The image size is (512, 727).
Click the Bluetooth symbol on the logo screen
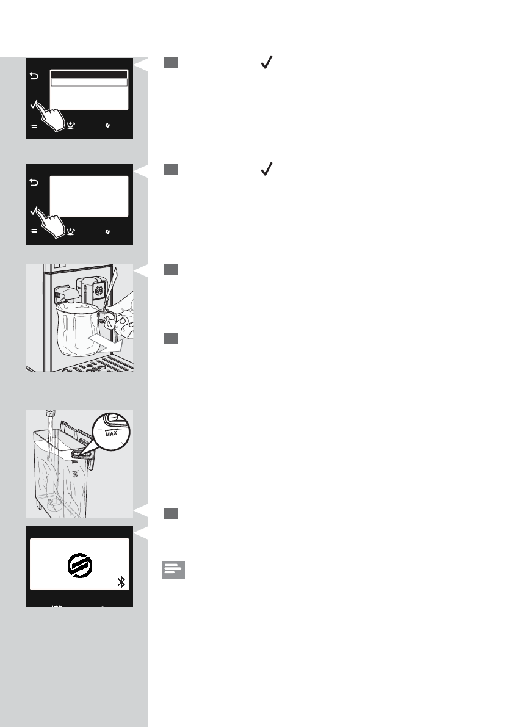pos(121,582)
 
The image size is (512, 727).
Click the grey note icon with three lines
pos(173,570)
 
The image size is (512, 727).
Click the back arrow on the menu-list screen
pos(34,77)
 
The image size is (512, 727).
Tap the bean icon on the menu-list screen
pos(108,125)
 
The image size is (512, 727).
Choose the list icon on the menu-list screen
pos(34,125)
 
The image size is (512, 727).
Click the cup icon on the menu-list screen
pos(71,125)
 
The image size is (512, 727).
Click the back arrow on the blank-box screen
pos(34,183)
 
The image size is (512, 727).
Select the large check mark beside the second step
pos(265,170)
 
